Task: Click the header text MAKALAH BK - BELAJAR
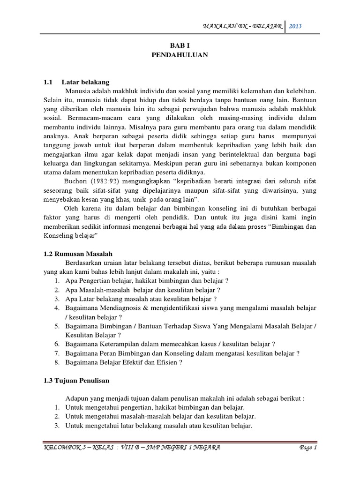[242, 27]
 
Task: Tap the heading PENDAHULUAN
[180, 55]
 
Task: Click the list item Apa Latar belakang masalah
[140, 299]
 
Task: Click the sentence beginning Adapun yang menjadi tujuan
[185, 398]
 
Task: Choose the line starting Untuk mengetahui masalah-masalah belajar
[160, 416]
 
